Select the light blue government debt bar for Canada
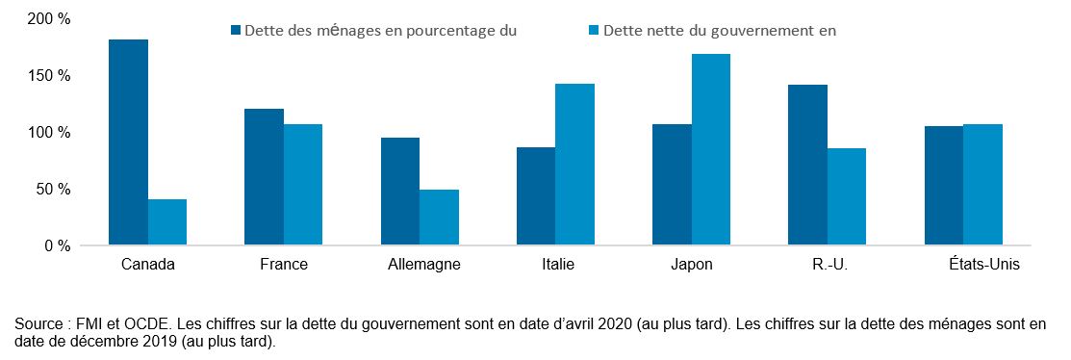click(167, 222)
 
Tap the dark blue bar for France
click(264, 177)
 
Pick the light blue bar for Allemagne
click(439, 218)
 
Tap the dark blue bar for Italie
click(536, 196)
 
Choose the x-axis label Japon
click(692, 264)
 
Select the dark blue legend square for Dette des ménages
click(236, 30)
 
